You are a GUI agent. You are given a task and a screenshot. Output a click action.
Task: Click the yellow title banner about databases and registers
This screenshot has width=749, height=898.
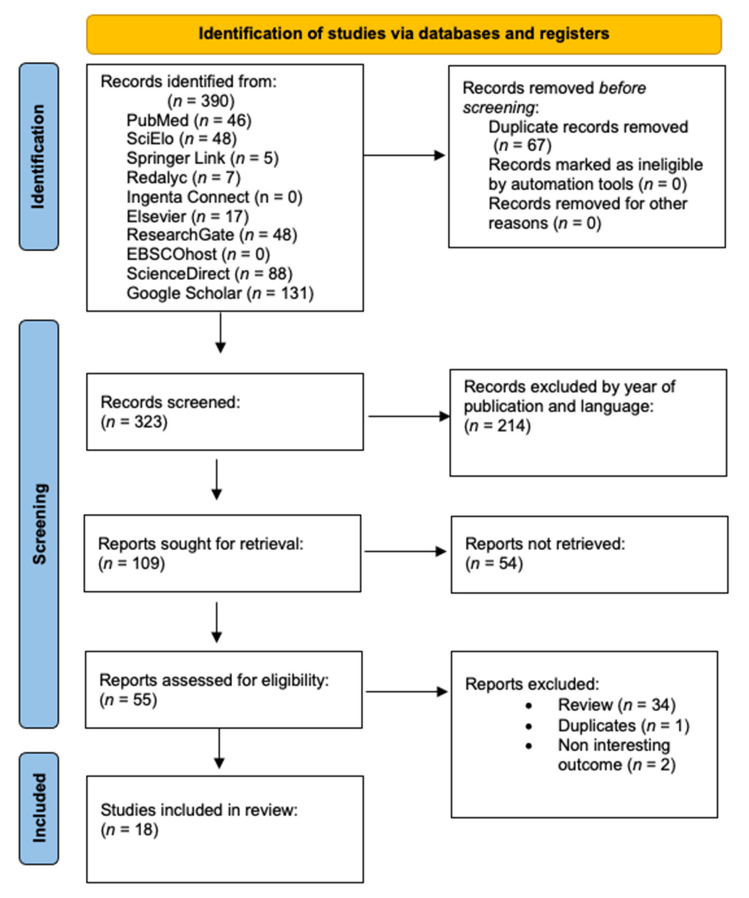pyautogui.click(x=404, y=34)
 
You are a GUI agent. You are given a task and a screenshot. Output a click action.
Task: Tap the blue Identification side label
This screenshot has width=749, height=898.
pyautogui.click(x=38, y=156)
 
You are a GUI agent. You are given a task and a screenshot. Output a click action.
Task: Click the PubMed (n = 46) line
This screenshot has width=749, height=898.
pyautogui.click(x=189, y=121)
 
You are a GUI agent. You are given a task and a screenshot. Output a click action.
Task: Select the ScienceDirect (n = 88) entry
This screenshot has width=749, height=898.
pyautogui.click(x=209, y=274)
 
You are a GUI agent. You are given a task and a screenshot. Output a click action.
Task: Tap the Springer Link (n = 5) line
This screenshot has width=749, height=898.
pyautogui.click(x=202, y=158)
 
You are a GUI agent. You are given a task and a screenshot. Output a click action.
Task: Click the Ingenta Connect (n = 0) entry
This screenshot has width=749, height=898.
pyautogui.click(x=215, y=197)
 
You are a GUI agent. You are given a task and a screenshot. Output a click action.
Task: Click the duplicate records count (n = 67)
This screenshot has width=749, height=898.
pyautogui.click(x=522, y=145)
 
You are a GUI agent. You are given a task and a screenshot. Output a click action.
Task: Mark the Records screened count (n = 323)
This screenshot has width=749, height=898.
pyautogui.click(x=134, y=422)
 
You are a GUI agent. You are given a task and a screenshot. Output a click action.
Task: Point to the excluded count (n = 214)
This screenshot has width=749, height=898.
pyautogui.click(x=497, y=426)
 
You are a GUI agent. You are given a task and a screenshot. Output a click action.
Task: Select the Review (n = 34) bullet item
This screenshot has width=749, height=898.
pyautogui.click(x=616, y=705)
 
